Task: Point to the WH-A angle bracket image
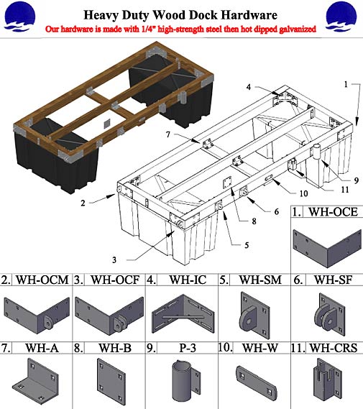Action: [x=35, y=378]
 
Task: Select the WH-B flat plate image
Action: [x=109, y=378]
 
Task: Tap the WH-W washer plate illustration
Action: [x=253, y=380]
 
